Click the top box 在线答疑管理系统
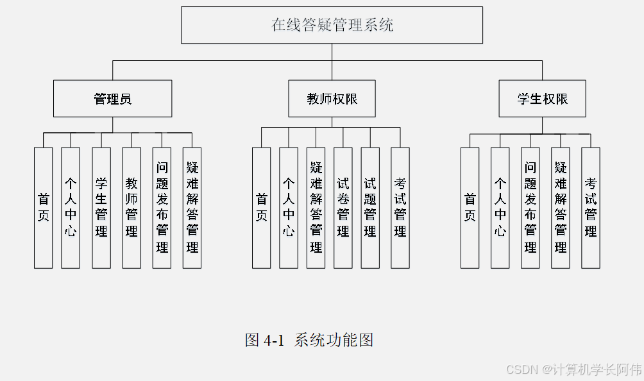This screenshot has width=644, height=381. pyautogui.click(x=332, y=26)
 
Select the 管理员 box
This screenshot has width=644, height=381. pyautogui.click(x=112, y=99)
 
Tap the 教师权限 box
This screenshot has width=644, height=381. pyautogui.click(x=332, y=99)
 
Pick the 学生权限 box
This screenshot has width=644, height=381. pyautogui.click(x=542, y=99)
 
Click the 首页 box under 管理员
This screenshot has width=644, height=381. pyautogui.click(x=44, y=207)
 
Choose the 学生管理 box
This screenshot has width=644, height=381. pyautogui.click(x=101, y=207)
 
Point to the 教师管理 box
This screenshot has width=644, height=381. pyautogui.click(x=131, y=207)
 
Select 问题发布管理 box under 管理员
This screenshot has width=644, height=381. pyautogui.click(x=162, y=207)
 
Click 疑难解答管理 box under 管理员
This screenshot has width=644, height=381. pyautogui.click(x=192, y=207)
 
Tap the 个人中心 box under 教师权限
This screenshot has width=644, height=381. pyautogui.click(x=289, y=207)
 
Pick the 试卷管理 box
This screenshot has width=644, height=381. pyautogui.click(x=343, y=207)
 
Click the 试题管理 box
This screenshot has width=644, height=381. pyautogui.click(x=370, y=207)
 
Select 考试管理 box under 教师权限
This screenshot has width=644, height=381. pyautogui.click(x=400, y=207)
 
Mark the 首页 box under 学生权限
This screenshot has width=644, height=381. pyautogui.click(x=470, y=207)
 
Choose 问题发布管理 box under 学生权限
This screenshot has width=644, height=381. pyautogui.click(x=530, y=207)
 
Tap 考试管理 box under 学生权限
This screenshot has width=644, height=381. pyautogui.click(x=591, y=207)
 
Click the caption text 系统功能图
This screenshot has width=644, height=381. pyautogui.click(x=334, y=340)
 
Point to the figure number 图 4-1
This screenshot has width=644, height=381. pyautogui.click(x=264, y=340)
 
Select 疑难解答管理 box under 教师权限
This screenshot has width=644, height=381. pyautogui.click(x=316, y=207)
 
